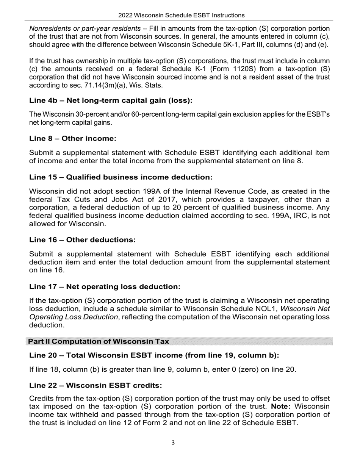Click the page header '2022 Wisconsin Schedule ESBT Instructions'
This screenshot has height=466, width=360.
[x=181, y=15]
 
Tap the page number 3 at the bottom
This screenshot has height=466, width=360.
[x=173, y=443]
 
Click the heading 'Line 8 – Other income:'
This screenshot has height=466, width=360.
[x=73, y=138]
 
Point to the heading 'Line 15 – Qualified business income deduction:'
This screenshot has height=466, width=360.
[x=121, y=177]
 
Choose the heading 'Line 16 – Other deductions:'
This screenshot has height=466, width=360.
[x=82, y=240]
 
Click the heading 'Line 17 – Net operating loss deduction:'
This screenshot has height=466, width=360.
[x=105, y=287]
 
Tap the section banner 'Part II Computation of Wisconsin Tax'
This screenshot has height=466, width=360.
[x=99, y=341]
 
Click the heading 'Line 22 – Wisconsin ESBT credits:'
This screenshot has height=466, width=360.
[x=95, y=385]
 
